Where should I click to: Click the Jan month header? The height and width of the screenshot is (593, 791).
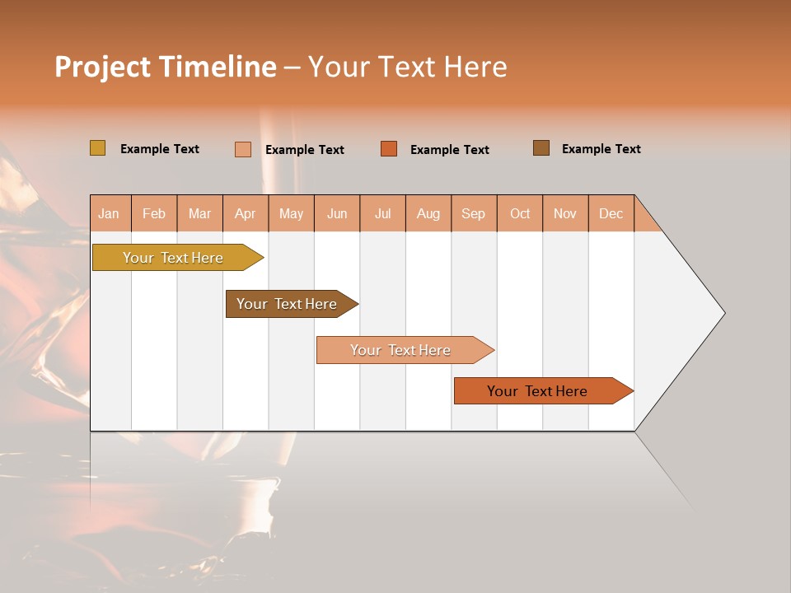pyautogui.click(x=109, y=213)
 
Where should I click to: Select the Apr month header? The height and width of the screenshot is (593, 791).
pyautogui.click(x=245, y=213)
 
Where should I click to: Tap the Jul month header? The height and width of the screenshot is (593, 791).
pyautogui.click(x=382, y=213)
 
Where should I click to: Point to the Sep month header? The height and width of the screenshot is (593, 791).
pyautogui.click(x=473, y=213)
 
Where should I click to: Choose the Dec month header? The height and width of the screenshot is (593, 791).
pyautogui.click(x=611, y=213)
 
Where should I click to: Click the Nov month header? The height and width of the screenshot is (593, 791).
pyautogui.click(x=564, y=213)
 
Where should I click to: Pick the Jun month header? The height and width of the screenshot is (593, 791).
pyautogui.click(x=336, y=213)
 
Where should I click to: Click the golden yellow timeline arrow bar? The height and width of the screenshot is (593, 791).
pyautogui.click(x=173, y=258)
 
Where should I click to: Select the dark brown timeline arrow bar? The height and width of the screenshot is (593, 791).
pyautogui.click(x=287, y=304)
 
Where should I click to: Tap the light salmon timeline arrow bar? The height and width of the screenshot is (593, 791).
pyautogui.click(x=400, y=350)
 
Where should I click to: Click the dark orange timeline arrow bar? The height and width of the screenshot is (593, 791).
pyautogui.click(x=537, y=391)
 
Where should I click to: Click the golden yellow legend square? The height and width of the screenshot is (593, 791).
pyautogui.click(x=97, y=148)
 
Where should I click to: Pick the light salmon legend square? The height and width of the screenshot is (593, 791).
pyautogui.click(x=242, y=149)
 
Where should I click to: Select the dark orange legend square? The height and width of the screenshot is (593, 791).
pyautogui.click(x=389, y=149)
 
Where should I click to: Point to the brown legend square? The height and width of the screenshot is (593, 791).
pyautogui.click(x=541, y=148)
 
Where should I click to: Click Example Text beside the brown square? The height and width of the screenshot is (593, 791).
pyautogui.click(x=601, y=149)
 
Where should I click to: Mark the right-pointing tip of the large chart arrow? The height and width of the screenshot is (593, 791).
pyautogui.click(x=723, y=313)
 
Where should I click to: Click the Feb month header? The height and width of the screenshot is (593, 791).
pyautogui.click(x=153, y=213)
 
